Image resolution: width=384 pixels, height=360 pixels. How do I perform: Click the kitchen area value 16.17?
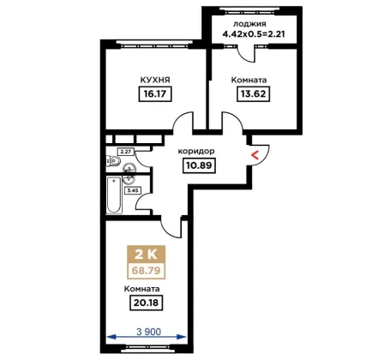(155, 93)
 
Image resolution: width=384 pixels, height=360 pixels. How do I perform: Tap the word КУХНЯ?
(155, 80)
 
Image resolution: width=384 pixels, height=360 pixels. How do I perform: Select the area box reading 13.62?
(254, 93)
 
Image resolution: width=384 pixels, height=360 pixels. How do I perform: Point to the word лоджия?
(249, 24)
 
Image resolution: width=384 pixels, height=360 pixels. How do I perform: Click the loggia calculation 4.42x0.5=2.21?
(254, 34)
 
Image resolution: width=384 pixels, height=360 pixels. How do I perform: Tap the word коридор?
(196, 151)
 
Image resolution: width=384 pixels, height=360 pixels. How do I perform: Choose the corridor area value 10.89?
(199, 165)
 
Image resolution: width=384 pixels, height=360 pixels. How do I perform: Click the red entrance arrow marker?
(255, 155)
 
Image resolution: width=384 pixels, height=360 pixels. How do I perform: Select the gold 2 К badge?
(146, 254)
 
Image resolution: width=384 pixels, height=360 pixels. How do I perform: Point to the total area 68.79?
(146, 270)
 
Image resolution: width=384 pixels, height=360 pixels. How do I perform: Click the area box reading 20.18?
(146, 303)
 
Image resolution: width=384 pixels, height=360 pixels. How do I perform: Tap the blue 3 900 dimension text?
(148, 332)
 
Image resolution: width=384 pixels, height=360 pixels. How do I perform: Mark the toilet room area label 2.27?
(125, 152)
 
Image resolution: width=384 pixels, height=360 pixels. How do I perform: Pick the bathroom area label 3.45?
(133, 190)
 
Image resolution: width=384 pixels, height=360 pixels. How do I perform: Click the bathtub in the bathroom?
(114, 195)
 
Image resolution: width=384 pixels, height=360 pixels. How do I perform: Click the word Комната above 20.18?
(141, 289)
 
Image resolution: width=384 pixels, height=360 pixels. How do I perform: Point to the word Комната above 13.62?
(249, 80)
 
